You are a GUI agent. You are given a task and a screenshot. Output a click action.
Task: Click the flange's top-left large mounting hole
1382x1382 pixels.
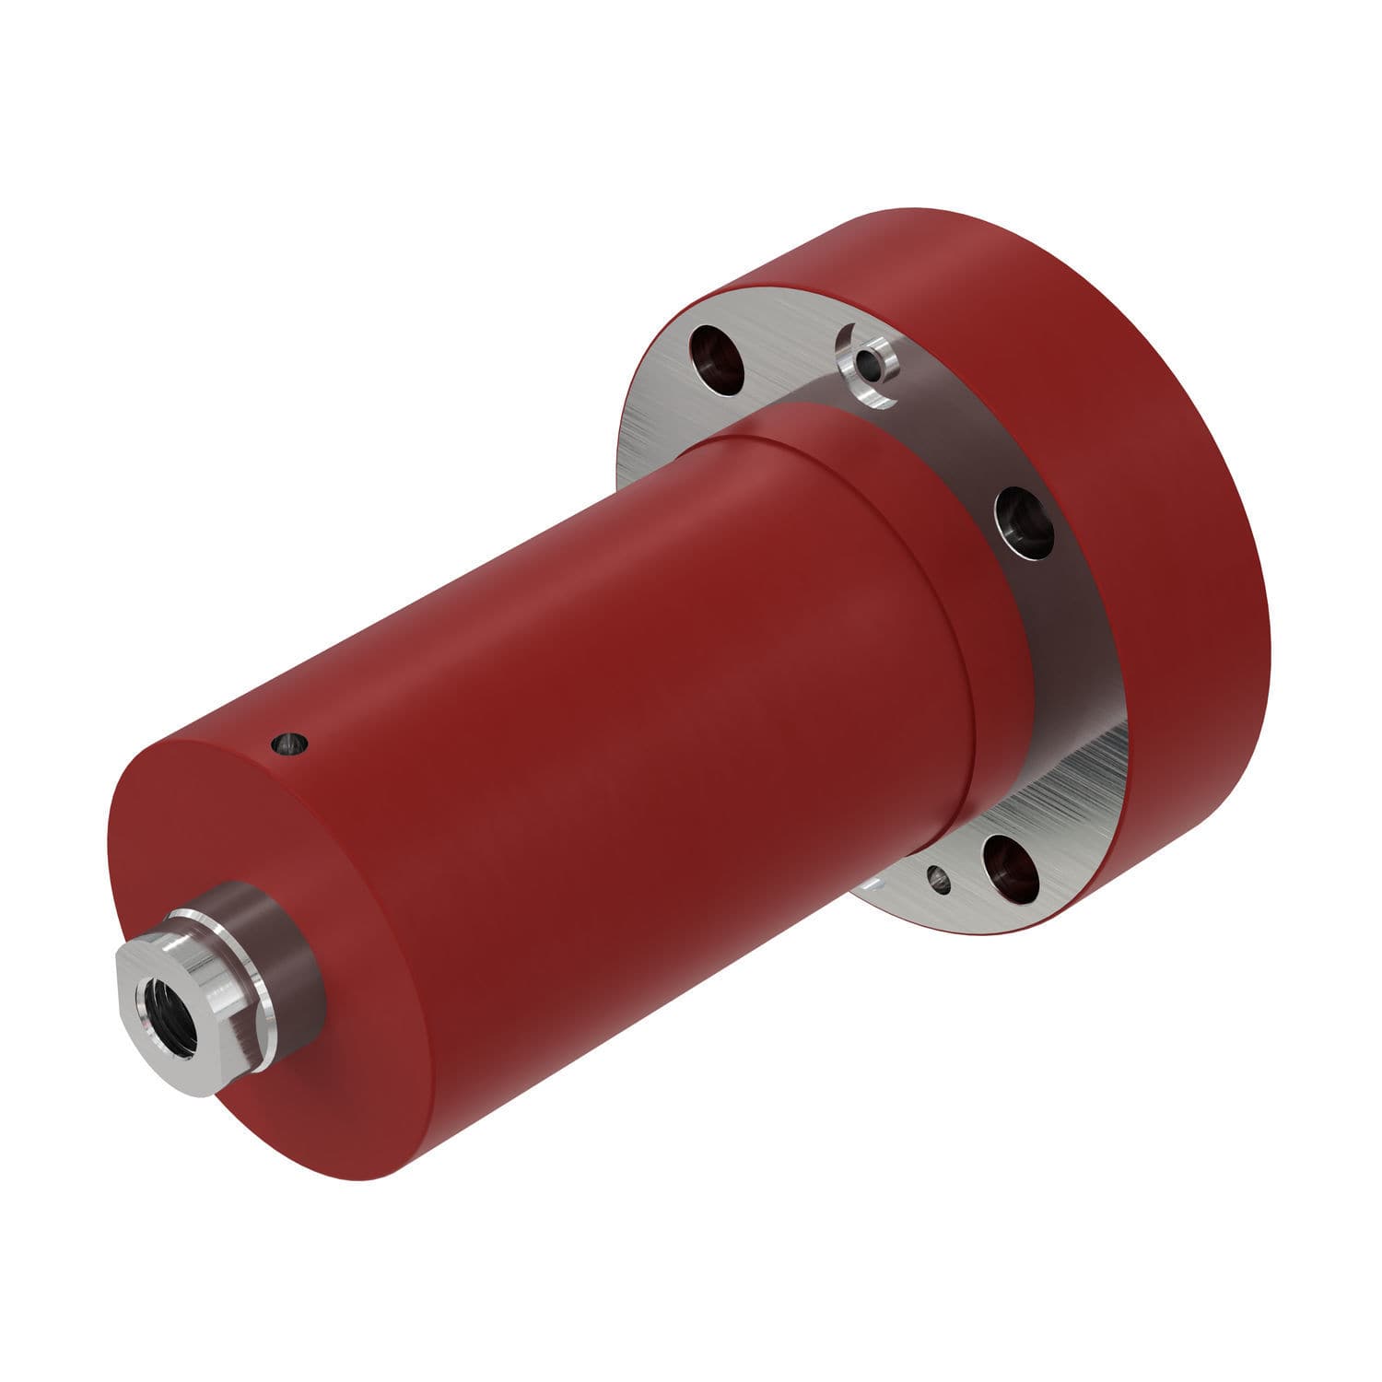(720, 359)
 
